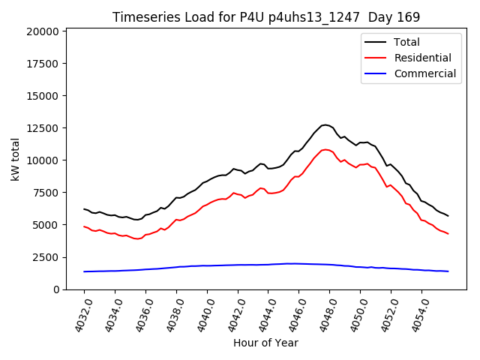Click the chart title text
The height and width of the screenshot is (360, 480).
coord(266,17)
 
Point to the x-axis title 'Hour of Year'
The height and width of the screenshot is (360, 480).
coord(266,343)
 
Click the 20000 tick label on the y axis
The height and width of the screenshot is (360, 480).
coord(41,31)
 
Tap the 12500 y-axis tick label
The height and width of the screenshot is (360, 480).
coord(41,128)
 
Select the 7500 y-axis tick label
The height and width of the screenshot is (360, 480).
coord(44,193)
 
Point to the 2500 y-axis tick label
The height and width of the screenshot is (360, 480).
coord(44,257)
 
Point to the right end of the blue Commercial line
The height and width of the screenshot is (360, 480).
coord(448,271)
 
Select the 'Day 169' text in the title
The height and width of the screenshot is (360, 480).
coord(394,17)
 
